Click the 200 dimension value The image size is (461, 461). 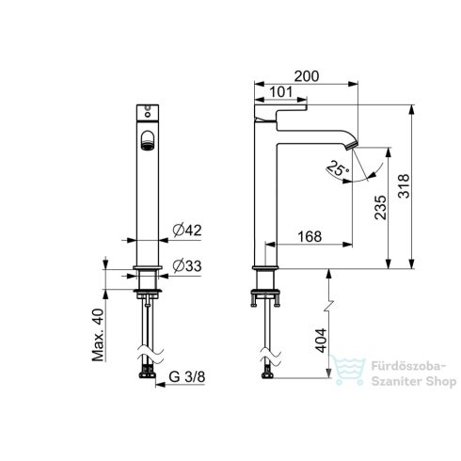[307, 76]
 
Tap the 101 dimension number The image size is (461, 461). [280, 92]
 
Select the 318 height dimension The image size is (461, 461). [404, 186]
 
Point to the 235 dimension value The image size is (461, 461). [380, 207]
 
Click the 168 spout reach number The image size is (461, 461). [310, 236]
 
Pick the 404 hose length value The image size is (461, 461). [321, 341]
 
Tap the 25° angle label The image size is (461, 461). [338, 168]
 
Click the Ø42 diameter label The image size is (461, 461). [187, 230]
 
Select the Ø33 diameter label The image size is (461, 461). [187, 266]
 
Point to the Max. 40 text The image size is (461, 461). [98, 335]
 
